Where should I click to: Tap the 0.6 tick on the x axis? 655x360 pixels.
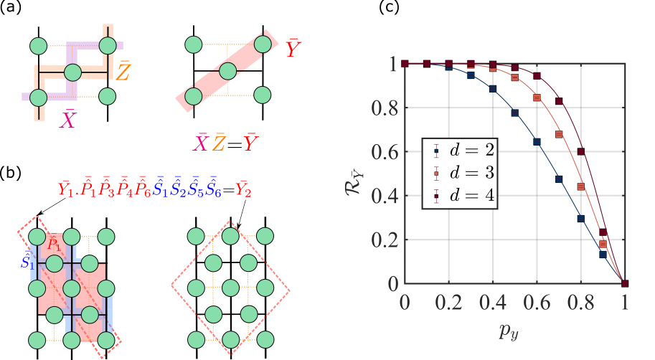[x=537, y=302]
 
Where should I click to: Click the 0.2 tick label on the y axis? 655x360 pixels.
[x=385, y=240]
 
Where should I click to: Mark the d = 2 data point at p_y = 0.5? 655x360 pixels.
[x=515, y=113]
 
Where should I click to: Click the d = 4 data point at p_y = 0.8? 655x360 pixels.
[x=581, y=151]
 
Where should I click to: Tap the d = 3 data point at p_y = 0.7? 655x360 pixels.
[x=559, y=134]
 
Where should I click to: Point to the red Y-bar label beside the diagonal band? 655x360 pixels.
[x=293, y=49]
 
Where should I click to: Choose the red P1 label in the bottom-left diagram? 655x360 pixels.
[x=52, y=242]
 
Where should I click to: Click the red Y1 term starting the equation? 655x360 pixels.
[x=66, y=190]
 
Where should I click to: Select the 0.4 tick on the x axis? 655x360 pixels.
[x=493, y=302]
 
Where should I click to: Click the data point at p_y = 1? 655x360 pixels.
[x=626, y=283]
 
